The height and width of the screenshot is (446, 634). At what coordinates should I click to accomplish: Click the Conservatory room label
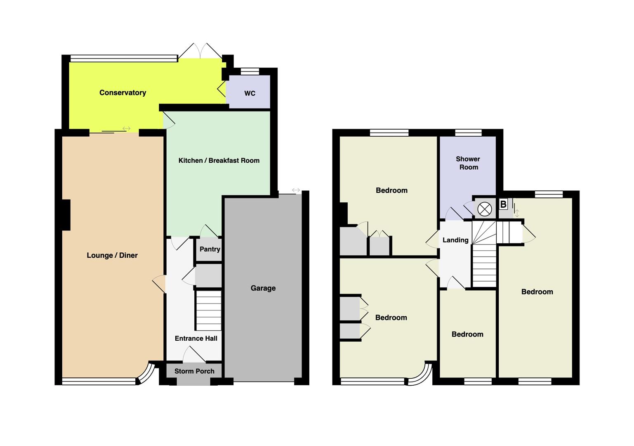[123, 93]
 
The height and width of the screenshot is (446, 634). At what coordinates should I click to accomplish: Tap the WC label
[250, 93]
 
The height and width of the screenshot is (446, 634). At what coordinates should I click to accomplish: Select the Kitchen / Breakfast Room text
[219, 161]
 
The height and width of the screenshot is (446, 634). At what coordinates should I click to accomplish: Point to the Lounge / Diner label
[112, 255]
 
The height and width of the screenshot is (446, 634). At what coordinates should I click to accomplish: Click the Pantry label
[210, 249]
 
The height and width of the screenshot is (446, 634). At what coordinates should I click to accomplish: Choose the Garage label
[263, 288]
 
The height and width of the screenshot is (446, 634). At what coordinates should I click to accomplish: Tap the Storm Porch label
[194, 371]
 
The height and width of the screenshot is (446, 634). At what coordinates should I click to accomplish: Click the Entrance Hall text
[196, 338]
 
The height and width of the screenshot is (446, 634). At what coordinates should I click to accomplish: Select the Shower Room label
[468, 163]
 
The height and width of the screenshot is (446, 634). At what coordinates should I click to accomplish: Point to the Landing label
[455, 240]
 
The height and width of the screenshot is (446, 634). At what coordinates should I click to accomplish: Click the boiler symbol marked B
[503, 204]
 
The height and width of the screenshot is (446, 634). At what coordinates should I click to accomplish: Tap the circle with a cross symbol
[485, 209]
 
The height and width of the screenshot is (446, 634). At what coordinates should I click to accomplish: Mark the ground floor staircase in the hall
[209, 310]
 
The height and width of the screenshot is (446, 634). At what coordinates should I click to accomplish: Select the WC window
[250, 71]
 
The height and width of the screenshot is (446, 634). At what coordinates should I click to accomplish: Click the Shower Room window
[469, 133]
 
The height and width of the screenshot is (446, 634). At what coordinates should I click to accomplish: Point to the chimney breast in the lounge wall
[66, 215]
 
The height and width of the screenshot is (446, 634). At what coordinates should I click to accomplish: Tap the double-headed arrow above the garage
[296, 190]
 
